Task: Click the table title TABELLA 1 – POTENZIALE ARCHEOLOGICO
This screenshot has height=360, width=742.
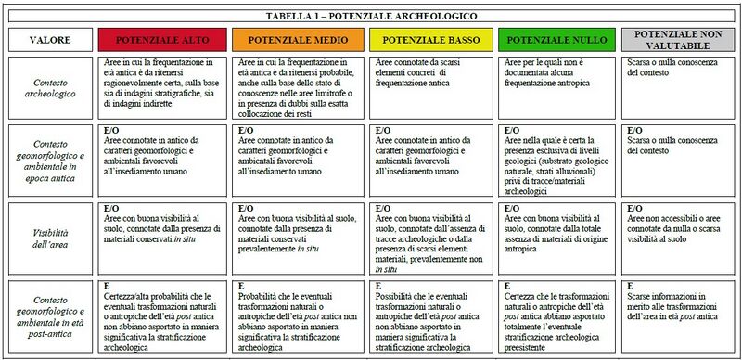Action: click(371, 16)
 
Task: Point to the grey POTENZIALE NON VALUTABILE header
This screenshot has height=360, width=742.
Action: click(679, 39)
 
